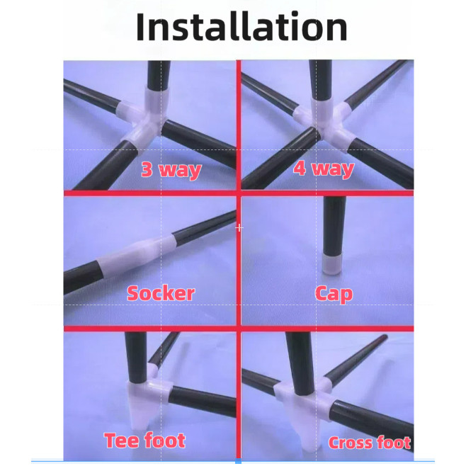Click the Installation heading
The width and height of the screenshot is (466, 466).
(x=241, y=27)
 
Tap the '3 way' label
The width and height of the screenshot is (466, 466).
(x=171, y=170)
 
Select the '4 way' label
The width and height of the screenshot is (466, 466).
(x=324, y=169)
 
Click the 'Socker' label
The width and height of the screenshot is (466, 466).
(x=161, y=294)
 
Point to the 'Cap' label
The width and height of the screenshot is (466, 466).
(x=334, y=294)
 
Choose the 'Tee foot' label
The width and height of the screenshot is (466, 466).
(x=145, y=440)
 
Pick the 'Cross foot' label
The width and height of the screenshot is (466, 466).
(x=370, y=443)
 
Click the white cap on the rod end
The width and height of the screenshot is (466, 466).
(x=331, y=264)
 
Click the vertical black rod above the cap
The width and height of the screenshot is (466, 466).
(x=334, y=225)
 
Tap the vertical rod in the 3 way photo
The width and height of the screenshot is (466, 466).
(x=159, y=74)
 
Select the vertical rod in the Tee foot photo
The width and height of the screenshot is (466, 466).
(x=136, y=357)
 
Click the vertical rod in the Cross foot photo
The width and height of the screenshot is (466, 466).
(x=299, y=363)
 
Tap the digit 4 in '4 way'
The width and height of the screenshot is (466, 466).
(x=300, y=168)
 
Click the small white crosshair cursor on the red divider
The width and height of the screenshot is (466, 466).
(x=239, y=228)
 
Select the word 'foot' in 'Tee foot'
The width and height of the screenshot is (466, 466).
(x=165, y=440)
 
